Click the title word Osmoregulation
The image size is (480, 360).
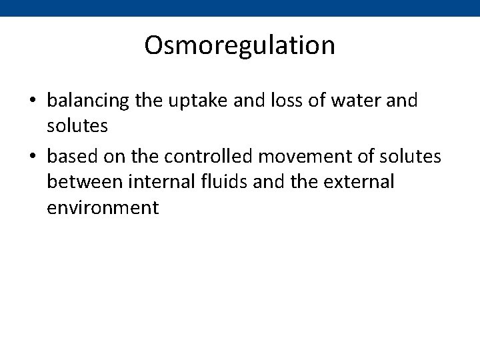(x=239, y=46)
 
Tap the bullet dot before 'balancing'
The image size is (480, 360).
(x=32, y=101)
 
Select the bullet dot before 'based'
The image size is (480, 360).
(x=32, y=157)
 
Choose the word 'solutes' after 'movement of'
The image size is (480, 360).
(x=409, y=156)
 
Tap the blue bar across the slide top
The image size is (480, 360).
(x=239, y=7)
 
